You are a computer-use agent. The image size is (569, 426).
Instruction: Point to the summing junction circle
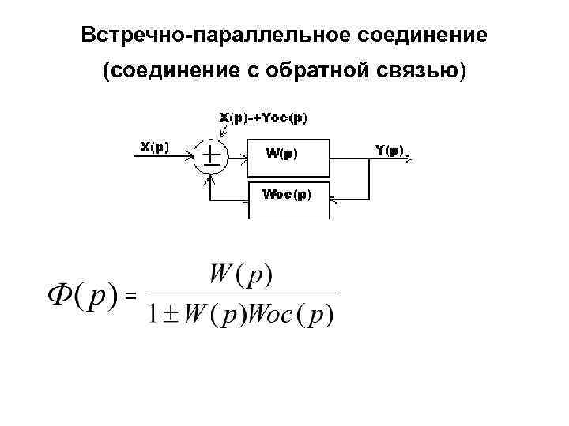(x=209, y=157)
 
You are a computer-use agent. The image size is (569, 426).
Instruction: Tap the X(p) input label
(x=154, y=147)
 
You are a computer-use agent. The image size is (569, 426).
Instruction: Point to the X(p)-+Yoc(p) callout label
(x=263, y=118)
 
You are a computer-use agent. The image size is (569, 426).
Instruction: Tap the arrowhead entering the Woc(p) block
(x=333, y=200)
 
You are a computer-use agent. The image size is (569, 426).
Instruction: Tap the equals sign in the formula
(x=131, y=295)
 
